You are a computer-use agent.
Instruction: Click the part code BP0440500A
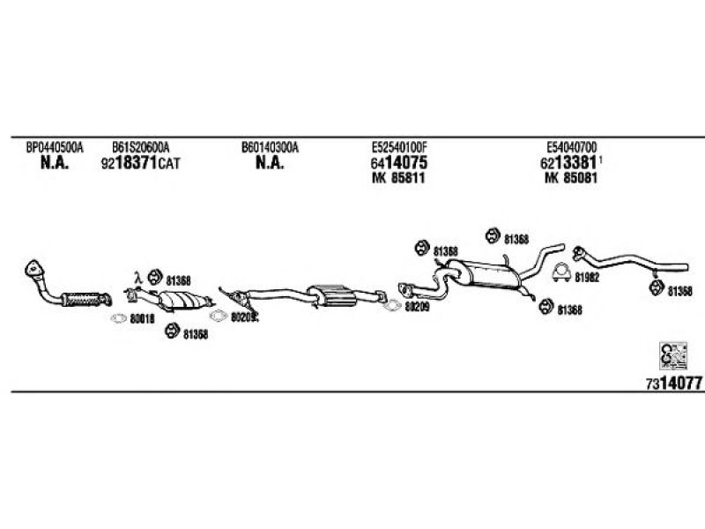tap(54, 148)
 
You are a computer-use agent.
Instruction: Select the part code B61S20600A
tap(140, 148)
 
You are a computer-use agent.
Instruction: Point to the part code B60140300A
tap(270, 148)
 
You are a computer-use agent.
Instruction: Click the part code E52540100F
tap(404, 148)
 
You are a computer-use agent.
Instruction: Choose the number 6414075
tap(399, 164)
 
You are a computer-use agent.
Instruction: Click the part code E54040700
tap(573, 148)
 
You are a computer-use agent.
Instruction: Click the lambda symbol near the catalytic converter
tap(137, 276)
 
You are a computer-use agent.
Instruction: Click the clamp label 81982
tap(586, 277)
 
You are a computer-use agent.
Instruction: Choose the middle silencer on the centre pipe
tap(328, 295)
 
